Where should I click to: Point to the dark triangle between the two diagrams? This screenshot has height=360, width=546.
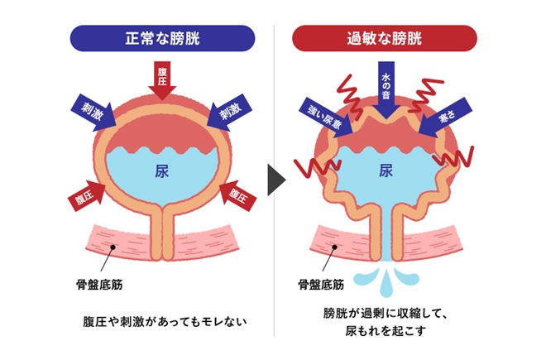275,177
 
